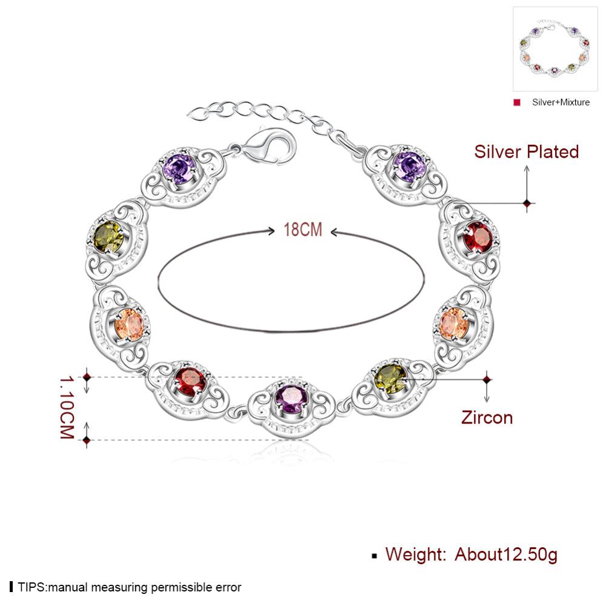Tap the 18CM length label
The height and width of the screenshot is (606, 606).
pos(302,230)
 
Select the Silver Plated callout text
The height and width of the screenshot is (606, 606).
pos(527,151)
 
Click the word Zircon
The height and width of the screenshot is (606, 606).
pos(487,418)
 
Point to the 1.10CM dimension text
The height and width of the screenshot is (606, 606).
pos(67,407)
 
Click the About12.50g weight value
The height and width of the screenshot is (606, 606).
pos(506,554)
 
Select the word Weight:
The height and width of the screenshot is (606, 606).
pos(416,554)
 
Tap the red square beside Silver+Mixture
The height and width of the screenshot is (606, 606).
pos(517,102)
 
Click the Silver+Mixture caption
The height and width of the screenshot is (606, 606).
pos(561,102)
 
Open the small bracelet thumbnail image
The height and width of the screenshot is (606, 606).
pos(555,48)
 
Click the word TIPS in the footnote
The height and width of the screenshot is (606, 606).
pos(32,587)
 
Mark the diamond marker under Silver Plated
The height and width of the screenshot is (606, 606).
pos(527,203)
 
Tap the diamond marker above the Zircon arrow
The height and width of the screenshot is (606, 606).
pos(487,379)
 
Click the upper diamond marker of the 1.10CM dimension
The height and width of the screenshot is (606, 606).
pos(87,377)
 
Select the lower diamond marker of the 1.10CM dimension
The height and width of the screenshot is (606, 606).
pos(87,440)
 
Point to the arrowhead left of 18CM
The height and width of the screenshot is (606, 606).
pos(271,231)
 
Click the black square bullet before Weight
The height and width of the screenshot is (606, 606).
pos(374,556)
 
